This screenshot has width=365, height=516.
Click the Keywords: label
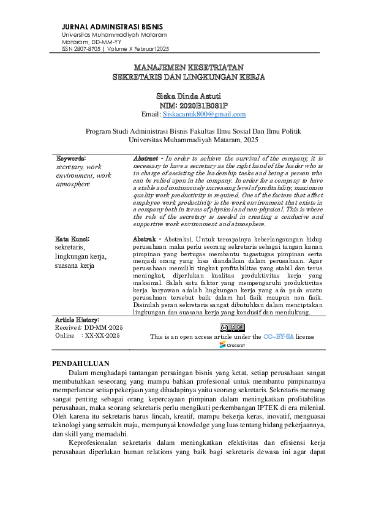click(71, 158)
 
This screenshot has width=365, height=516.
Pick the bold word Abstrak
click(144, 238)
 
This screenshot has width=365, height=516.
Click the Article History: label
click(77, 320)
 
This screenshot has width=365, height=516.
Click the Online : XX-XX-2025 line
click(88, 336)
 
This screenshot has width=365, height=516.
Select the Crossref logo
click(231, 345)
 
